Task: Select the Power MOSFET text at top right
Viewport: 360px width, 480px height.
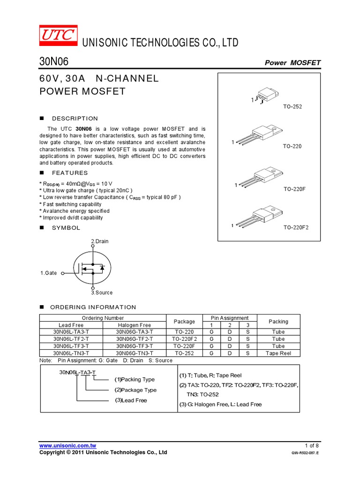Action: click(x=292, y=63)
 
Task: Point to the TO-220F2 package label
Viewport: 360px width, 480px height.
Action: click(x=296, y=227)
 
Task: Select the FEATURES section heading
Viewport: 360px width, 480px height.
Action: click(x=69, y=173)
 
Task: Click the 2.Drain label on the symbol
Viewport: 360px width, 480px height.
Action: click(x=99, y=241)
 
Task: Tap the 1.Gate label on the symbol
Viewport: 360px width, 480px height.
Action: click(x=48, y=273)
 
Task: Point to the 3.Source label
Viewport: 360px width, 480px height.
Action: click(x=102, y=292)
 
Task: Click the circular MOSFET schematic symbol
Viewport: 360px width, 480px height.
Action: click(x=93, y=268)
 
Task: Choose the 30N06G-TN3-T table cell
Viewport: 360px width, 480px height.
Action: click(x=134, y=353)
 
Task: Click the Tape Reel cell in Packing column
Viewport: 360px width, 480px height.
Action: click(x=278, y=353)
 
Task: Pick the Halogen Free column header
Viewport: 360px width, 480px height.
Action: click(x=134, y=325)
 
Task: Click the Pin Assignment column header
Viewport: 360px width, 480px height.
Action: click(x=230, y=318)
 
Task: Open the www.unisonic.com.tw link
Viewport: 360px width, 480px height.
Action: click(x=67, y=445)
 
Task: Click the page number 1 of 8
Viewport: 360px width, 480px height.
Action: click(x=312, y=445)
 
